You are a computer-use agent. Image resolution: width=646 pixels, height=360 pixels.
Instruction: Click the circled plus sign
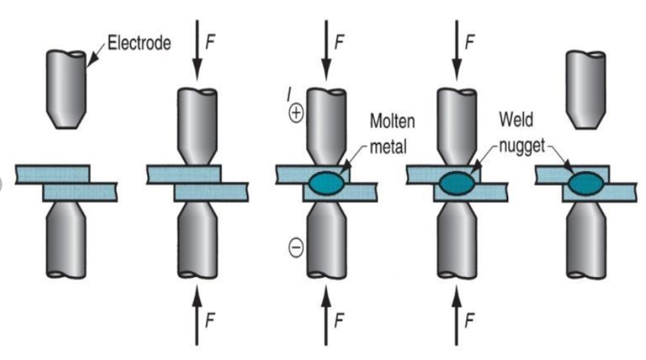(x=295, y=115)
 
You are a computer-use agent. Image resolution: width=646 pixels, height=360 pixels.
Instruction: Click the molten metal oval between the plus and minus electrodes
(x=327, y=182)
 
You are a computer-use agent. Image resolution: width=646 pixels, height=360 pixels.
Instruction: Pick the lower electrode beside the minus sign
(x=326, y=242)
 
